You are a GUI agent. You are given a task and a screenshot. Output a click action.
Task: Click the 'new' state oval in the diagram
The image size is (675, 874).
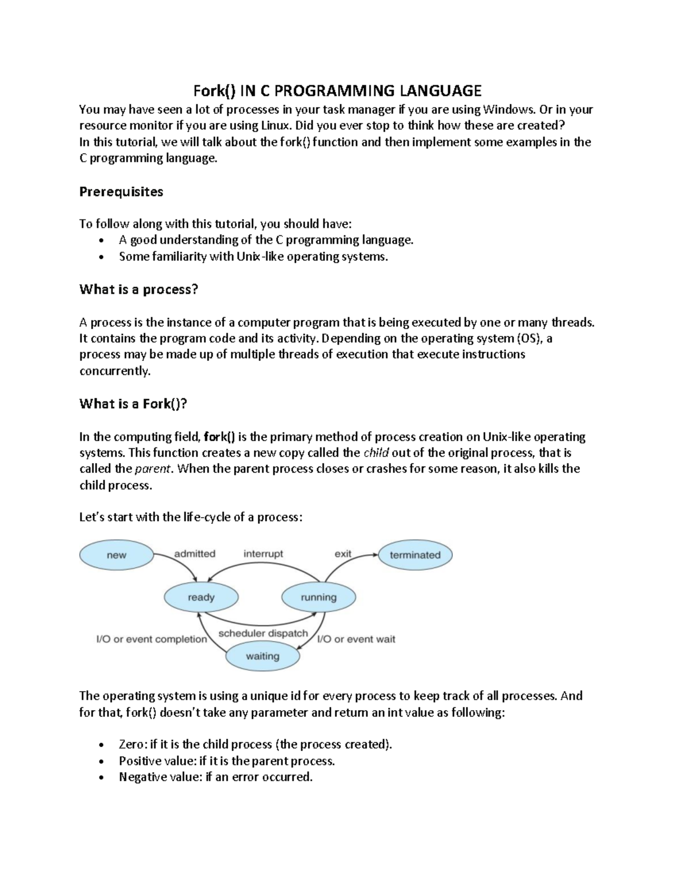[116, 555]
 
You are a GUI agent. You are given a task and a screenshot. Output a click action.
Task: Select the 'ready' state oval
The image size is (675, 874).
[201, 598]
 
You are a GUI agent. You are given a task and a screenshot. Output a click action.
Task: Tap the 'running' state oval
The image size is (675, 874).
[318, 598]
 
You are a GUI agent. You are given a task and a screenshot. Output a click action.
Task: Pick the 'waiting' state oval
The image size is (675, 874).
[262, 656]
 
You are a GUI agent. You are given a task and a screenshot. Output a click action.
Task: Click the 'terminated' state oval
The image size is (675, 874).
[415, 555]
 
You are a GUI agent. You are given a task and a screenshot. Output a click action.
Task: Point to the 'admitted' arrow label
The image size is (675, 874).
[195, 554]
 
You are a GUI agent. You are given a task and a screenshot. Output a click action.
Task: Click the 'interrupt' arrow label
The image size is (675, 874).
[263, 554]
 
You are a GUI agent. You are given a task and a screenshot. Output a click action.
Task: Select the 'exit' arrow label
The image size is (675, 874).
[343, 554]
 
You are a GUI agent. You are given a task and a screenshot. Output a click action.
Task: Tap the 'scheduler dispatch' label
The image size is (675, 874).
[263, 633]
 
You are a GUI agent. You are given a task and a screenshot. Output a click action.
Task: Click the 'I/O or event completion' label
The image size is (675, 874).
[152, 639]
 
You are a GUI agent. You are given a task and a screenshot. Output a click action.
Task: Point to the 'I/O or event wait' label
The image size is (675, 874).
[356, 639]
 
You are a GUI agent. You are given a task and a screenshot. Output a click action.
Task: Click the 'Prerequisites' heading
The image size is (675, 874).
[121, 192]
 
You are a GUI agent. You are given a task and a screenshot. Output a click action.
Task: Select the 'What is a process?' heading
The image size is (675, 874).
[139, 290]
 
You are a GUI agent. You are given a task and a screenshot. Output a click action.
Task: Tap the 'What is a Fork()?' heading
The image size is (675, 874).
[133, 404]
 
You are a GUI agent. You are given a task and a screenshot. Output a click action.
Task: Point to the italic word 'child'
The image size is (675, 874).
[376, 453]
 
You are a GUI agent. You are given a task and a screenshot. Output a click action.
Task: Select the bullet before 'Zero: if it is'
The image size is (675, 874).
[101, 745]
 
